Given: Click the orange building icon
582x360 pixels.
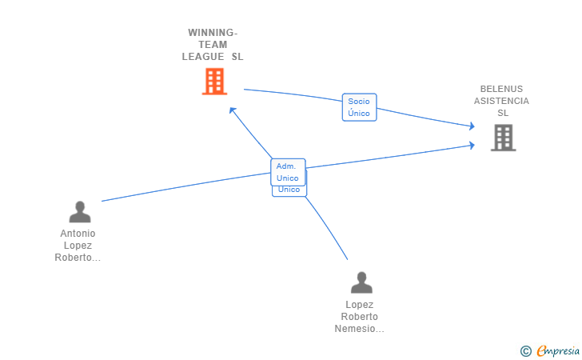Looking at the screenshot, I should coord(214,82).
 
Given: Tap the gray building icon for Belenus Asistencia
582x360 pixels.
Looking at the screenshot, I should coord(503,138).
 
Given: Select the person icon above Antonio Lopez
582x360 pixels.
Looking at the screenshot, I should coord(80,212).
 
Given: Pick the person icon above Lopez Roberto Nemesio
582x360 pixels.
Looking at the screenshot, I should coord(361,282).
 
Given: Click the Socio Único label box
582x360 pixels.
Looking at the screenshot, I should coord(359,107).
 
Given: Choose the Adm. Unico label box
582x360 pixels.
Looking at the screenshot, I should coord(288,172).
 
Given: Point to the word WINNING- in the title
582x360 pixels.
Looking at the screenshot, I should coord(213,33).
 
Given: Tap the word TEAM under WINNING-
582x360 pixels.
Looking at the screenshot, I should coord(213,45).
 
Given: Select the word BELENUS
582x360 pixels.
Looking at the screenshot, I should coord(501,89).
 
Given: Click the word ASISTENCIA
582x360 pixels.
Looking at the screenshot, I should coord(501,101).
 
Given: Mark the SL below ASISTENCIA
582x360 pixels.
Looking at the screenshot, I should coord(503,113).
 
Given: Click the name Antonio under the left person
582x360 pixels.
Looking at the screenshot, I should coord(78,234).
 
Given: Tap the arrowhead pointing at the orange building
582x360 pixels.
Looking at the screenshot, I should coord(232,110).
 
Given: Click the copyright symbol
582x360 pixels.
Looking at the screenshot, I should coord(525,350).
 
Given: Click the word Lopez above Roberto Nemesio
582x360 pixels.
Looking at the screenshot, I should coord(360,305).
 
